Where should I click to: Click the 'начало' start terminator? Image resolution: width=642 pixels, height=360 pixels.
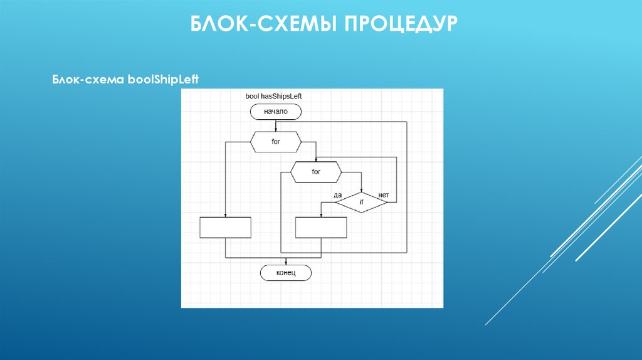click(x=276, y=112)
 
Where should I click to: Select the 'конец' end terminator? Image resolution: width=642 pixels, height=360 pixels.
click(x=285, y=273)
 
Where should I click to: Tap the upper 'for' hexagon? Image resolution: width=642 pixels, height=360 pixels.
click(x=276, y=142)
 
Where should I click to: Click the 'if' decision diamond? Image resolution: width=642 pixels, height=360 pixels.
click(x=362, y=202)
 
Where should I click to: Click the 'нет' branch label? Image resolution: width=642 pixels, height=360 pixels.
click(x=384, y=196)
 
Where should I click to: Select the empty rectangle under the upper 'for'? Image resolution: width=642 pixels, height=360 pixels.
click(x=225, y=227)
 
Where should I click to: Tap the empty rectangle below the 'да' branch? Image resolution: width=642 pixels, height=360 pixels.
click(x=321, y=227)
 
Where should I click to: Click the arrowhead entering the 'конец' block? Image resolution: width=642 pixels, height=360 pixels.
click(x=286, y=262)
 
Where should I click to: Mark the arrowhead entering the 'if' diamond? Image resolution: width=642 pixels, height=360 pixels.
click(x=362, y=189)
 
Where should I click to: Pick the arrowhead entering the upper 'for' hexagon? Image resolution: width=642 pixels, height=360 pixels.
click(x=276, y=129)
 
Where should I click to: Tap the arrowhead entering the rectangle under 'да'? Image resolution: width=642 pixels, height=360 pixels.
click(x=321, y=214)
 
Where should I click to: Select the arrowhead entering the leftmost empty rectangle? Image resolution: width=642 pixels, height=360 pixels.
click(x=225, y=214)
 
